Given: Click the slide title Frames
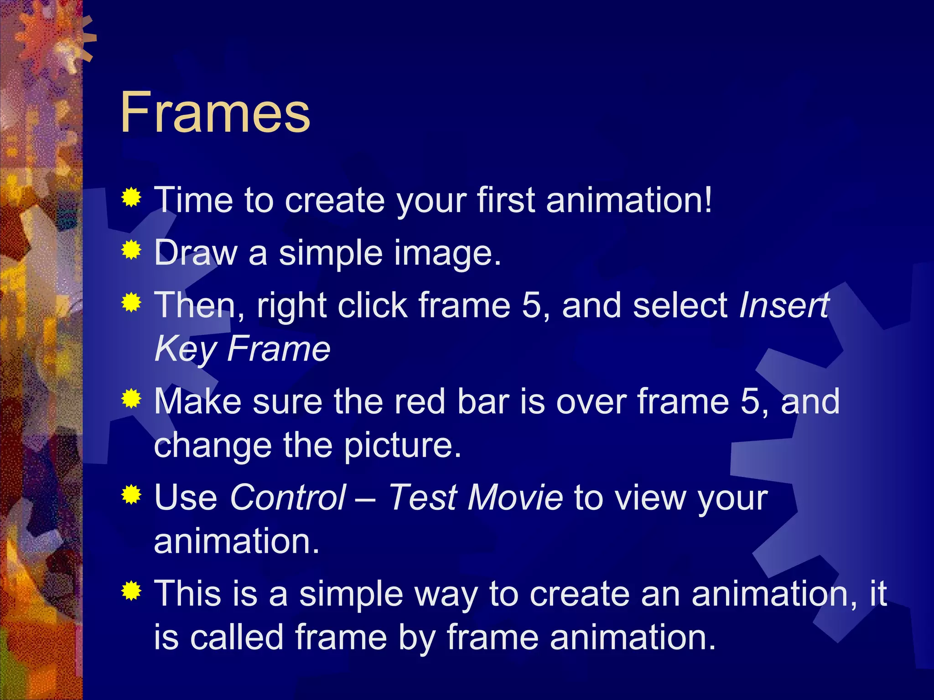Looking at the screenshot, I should tap(215, 112).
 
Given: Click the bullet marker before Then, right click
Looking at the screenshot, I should tap(131, 303).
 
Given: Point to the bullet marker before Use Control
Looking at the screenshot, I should tap(131, 495).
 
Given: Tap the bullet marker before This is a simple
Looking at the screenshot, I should tap(131, 591).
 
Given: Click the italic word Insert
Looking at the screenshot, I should tap(784, 305).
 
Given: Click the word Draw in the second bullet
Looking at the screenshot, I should tap(196, 252).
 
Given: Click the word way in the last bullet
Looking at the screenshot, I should tap(441, 594).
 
